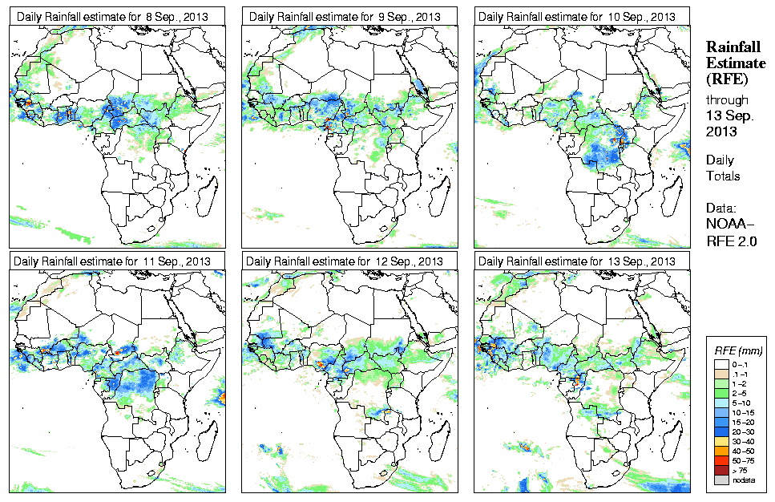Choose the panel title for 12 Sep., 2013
click(x=345, y=261)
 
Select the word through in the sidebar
click(x=727, y=100)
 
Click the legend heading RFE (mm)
click(x=738, y=350)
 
